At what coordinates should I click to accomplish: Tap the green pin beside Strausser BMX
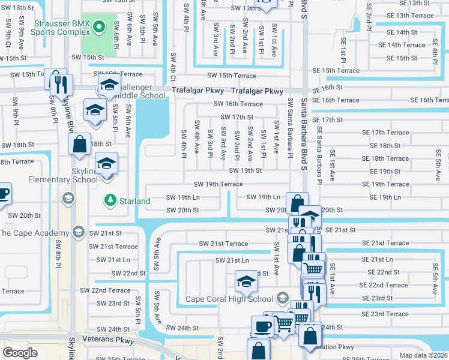[x=100, y=27]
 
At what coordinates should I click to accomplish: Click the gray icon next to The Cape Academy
[x=77, y=232]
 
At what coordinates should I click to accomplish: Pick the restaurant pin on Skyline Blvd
[x=61, y=84]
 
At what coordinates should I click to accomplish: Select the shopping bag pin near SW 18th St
[x=79, y=145]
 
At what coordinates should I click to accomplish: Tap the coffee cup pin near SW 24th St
[x=262, y=327]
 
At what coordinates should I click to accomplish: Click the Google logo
[x=20, y=353]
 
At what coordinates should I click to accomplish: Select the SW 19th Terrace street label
[x=218, y=184]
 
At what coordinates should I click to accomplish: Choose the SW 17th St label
[x=237, y=117]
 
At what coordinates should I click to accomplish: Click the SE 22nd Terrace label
[x=384, y=285]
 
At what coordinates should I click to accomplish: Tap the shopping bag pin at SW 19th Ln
[x=297, y=203]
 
